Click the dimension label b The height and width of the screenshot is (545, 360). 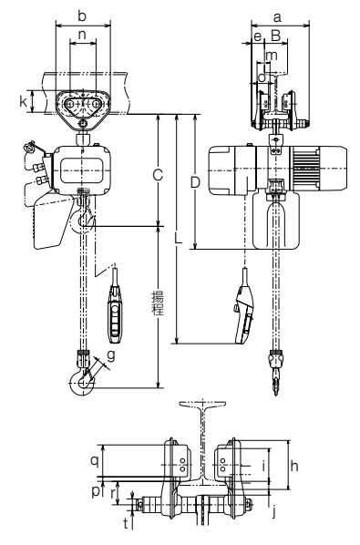[82, 16]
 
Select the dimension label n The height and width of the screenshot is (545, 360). [82, 36]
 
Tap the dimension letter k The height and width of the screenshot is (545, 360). [24, 101]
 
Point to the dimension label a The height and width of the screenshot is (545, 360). [277, 17]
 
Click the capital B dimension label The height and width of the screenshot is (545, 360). [275, 36]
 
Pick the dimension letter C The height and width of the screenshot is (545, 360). [158, 175]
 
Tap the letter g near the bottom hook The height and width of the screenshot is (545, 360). [111, 356]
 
